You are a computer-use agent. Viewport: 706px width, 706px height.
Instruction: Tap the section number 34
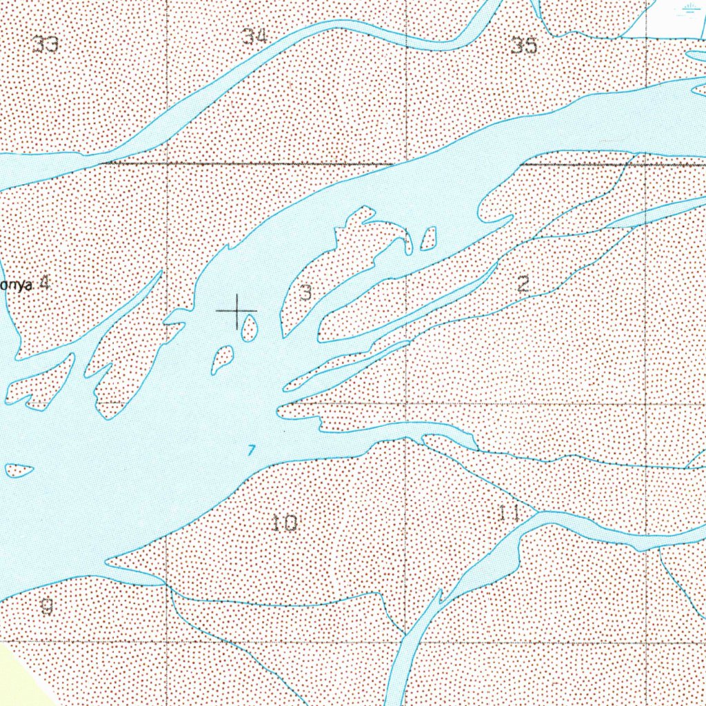click(x=254, y=37)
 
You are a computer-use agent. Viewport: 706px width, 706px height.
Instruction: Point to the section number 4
click(x=44, y=283)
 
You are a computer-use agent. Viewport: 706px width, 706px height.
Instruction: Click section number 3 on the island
click(x=306, y=293)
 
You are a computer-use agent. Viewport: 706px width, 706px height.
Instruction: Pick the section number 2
click(x=523, y=283)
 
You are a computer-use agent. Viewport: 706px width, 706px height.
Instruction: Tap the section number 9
click(x=46, y=607)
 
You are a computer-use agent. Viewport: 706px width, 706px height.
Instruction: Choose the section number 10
click(x=284, y=523)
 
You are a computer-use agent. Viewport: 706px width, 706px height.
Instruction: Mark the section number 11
click(x=508, y=512)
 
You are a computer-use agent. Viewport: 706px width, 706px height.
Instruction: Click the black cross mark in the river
click(x=236, y=311)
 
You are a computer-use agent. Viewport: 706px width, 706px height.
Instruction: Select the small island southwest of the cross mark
click(x=222, y=359)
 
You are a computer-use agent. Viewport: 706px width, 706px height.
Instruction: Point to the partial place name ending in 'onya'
click(x=15, y=285)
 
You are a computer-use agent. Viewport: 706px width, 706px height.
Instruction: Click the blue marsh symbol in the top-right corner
click(x=689, y=10)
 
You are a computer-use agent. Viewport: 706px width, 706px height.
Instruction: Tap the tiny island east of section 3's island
click(x=428, y=239)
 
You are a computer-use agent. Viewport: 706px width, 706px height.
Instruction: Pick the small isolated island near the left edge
click(x=19, y=470)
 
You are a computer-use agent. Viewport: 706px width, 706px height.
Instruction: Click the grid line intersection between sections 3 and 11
click(x=406, y=403)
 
